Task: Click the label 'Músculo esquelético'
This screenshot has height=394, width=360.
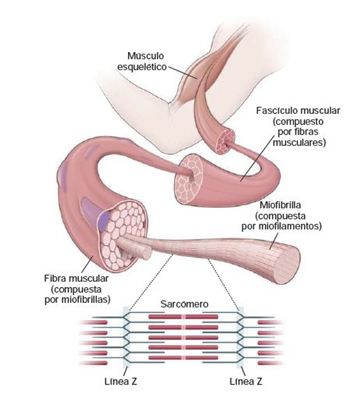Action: [x=142, y=61]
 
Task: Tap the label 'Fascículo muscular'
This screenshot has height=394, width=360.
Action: [x=298, y=110]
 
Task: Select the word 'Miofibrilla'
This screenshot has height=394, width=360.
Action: [x=280, y=205]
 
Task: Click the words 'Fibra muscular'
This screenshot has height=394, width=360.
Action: [x=76, y=278]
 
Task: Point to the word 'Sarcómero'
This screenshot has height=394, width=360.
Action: [x=184, y=304]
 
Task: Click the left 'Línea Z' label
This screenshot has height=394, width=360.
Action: [x=121, y=381]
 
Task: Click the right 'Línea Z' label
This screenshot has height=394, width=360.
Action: [x=246, y=381]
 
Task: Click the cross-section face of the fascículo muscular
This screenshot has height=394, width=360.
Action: [x=189, y=179]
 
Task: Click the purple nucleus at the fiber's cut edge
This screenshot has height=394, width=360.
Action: [x=103, y=222]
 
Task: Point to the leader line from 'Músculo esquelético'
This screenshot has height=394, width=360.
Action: [x=183, y=73]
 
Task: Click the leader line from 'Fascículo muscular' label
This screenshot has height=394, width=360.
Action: [x=257, y=158]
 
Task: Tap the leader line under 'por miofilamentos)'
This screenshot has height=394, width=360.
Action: [x=274, y=241]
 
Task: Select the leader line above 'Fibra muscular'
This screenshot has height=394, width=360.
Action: [x=87, y=264]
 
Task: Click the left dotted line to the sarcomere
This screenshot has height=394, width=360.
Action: [x=151, y=282]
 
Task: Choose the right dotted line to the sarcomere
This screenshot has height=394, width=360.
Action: [x=223, y=284]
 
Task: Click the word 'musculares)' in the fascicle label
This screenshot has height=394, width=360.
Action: [x=299, y=143]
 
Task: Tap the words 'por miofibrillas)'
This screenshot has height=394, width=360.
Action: [x=78, y=300]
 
